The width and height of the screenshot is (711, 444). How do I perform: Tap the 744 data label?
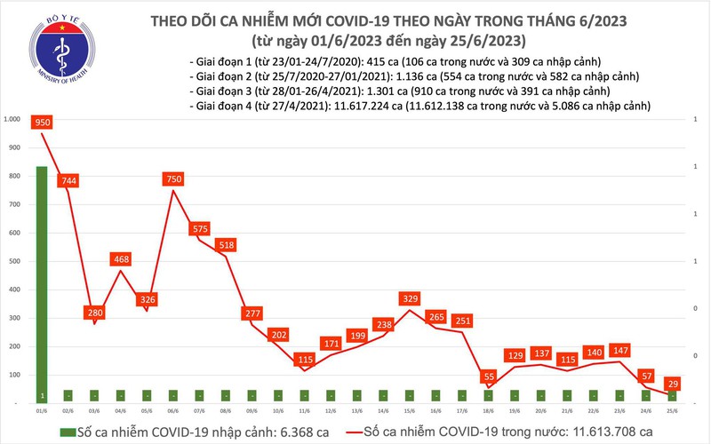tap(69, 181)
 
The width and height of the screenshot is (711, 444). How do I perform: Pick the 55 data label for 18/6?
tap(488, 377)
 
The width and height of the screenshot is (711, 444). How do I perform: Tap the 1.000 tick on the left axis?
tap(12, 119)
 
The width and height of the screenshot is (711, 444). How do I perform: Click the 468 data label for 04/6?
tap(122, 259)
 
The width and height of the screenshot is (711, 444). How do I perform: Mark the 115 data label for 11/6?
tap(305, 360)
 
